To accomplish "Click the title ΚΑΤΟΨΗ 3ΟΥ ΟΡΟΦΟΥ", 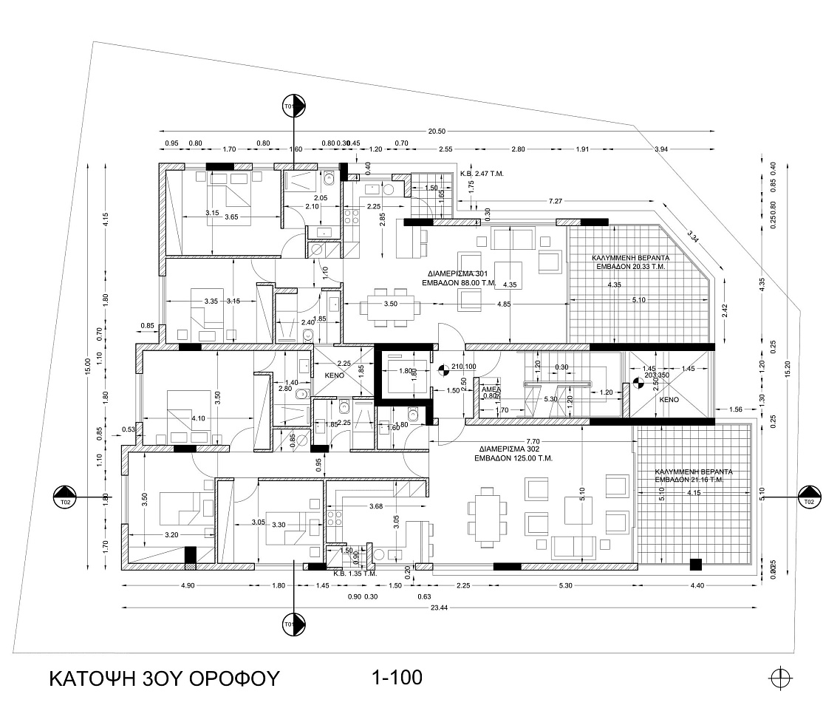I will (164, 678).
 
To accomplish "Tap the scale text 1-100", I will (397, 676).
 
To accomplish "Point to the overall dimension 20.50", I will (437, 131).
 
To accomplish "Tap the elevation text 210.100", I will (462, 367).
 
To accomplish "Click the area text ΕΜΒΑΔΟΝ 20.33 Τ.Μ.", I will (632, 268).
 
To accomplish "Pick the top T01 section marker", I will (294, 105).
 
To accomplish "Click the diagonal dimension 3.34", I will (693, 236).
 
